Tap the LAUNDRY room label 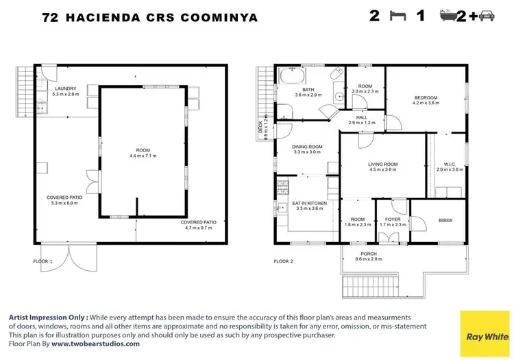click(x=66, y=88)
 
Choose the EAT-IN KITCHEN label click(x=309, y=204)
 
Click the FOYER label click(x=393, y=219)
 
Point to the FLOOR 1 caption click(x=43, y=261)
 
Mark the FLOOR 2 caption click(x=283, y=261)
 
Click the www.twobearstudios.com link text click(x=95, y=344)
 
